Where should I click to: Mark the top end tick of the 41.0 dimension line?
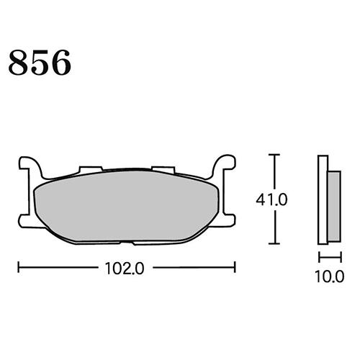click(273, 156)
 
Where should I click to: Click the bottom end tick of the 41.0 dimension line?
click(273, 245)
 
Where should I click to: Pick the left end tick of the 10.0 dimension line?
click(319, 256)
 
